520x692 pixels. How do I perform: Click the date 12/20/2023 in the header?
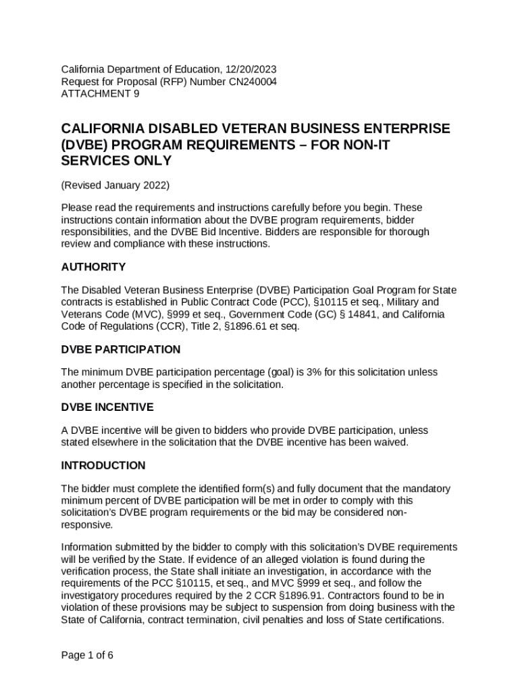click(249, 70)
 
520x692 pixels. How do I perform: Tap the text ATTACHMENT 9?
click(100, 94)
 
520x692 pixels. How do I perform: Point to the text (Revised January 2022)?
click(115, 185)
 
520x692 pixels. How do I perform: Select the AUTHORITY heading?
click(93, 267)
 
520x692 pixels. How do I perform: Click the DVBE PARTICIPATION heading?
click(121, 349)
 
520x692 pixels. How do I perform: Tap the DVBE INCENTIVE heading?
click(107, 407)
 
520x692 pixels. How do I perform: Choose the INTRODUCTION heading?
click(103, 466)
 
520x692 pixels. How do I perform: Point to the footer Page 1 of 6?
click(87, 655)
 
